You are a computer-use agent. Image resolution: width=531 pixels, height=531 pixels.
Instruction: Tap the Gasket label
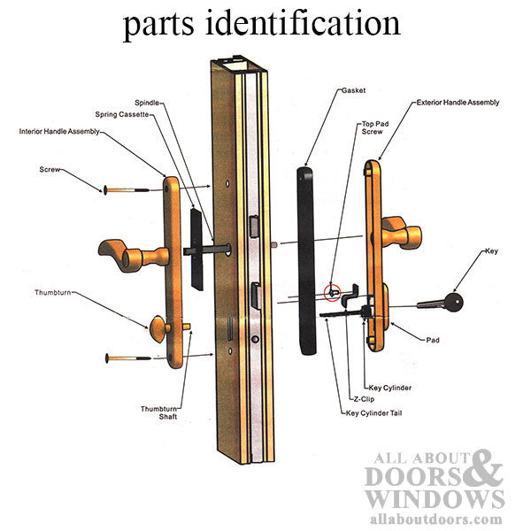(354, 90)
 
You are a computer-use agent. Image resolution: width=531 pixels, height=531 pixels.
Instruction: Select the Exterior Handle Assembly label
(457, 103)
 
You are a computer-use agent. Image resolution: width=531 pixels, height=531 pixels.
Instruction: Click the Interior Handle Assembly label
(59, 131)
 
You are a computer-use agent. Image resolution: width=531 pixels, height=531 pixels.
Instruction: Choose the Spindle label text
(147, 103)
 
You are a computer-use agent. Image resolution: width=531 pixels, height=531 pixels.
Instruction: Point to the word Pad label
(432, 339)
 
